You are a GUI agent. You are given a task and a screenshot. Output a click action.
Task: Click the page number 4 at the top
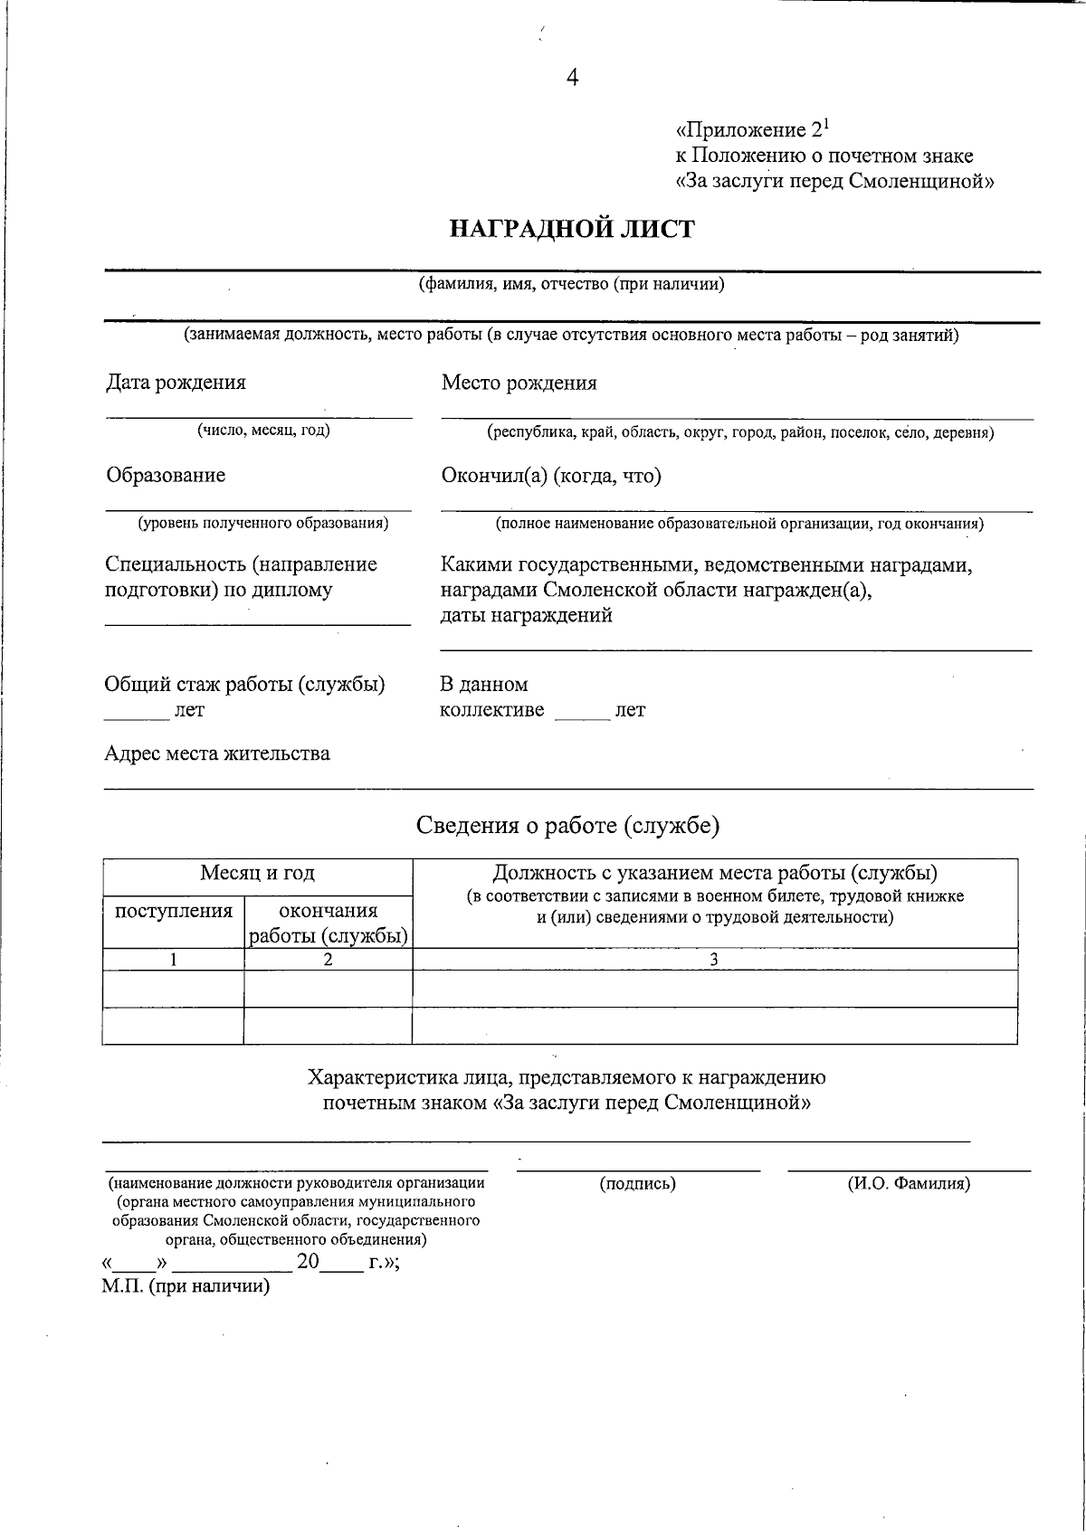pos(572,78)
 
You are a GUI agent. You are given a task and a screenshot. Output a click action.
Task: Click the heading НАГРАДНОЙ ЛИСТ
pos(572,229)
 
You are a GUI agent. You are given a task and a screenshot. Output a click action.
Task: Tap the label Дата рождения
pos(176,383)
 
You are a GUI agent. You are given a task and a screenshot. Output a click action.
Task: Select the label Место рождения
pos(519,383)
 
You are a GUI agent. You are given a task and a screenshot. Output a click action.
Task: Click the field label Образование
pos(166,476)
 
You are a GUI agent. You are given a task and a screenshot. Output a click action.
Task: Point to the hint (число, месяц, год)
pos(263,431)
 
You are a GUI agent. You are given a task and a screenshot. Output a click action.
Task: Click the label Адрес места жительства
pos(217,753)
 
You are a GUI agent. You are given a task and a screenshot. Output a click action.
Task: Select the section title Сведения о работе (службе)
pos(567,825)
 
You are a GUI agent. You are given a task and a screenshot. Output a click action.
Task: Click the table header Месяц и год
pos(257,873)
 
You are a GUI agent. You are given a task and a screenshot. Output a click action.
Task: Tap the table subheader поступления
pos(174,911)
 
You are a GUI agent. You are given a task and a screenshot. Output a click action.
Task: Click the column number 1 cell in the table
pos(173,960)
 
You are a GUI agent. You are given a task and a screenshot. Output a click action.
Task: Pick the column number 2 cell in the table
pos(328,960)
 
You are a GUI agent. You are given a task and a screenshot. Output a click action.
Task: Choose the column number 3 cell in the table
pos(714,960)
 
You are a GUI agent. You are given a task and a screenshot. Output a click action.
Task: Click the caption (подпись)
pos(637,1183)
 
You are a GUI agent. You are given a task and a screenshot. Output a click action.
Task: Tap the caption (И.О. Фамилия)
pos(909,1183)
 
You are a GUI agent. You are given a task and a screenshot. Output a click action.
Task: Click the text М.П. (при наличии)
pos(186,1286)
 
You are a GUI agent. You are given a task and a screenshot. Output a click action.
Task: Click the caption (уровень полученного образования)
pos(262,523)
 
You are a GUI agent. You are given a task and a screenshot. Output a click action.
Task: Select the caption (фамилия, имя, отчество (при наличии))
pos(571,285)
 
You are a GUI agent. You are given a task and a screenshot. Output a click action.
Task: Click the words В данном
pos(483,685)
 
